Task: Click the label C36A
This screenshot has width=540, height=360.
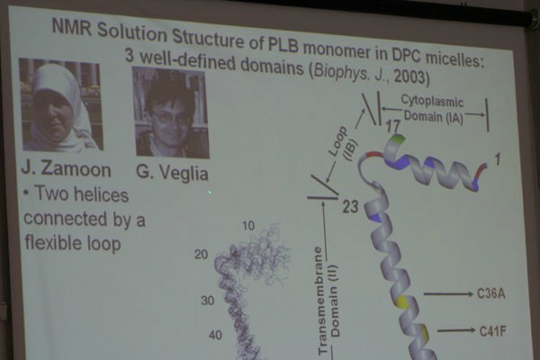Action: click(x=490, y=294)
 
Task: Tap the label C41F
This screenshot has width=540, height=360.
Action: click(x=493, y=331)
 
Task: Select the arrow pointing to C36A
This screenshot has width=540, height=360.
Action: click(x=448, y=294)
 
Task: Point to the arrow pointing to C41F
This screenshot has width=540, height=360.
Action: click(x=456, y=330)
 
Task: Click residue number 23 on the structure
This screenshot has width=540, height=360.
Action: click(x=350, y=207)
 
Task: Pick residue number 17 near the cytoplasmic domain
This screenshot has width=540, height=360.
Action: click(x=393, y=126)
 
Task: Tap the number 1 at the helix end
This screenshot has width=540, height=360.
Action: click(x=497, y=158)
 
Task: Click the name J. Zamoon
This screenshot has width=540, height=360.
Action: click(x=66, y=170)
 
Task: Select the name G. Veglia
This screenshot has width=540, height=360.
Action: click(x=172, y=173)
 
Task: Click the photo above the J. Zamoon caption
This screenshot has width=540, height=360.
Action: click(x=61, y=104)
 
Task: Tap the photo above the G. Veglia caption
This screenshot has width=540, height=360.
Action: click(x=171, y=112)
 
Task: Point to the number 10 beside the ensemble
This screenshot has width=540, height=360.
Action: click(x=248, y=226)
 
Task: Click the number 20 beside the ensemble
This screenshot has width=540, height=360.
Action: click(x=201, y=254)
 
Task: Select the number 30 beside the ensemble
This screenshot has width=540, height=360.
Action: click(x=208, y=301)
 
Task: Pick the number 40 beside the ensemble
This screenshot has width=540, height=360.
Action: click(x=215, y=335)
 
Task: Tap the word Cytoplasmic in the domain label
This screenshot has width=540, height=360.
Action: click(x=432, y=102)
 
